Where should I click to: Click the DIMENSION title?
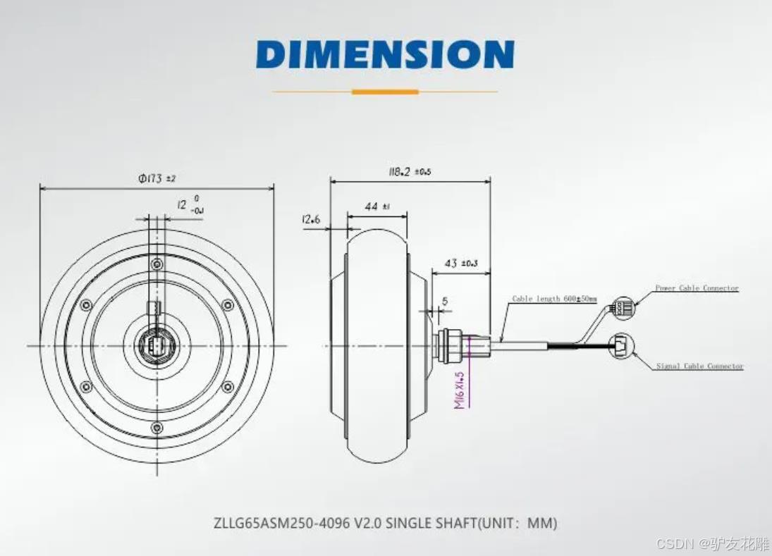point(385,54)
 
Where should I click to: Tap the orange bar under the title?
point(385,92)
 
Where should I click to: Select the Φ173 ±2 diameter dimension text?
point(157,178)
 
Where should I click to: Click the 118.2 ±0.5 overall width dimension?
point(410,171)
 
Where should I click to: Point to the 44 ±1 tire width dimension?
point(377,206)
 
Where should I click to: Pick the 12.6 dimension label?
point(311,220)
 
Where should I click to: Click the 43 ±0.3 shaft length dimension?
point(460,263)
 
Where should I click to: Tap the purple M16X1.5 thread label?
point(460,390)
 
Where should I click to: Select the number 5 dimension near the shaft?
point(445,301)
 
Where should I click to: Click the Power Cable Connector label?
point(697,288)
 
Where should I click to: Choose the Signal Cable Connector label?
point(699,366)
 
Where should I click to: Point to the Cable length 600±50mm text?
point(554,299)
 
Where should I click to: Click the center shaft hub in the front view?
point(157,345)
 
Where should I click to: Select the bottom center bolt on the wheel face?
point(157,427)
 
